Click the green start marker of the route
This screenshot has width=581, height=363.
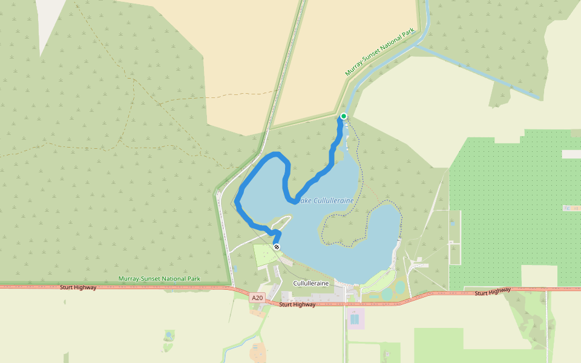(344, 116)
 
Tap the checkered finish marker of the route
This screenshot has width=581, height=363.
(277, 247)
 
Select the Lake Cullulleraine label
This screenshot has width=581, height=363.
(325, 200)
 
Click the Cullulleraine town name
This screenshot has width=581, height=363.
(311, 283)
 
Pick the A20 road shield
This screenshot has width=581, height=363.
(258, 297)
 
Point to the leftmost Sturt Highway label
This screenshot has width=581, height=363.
(78, 287)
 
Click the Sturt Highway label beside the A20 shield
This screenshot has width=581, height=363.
(297, 304)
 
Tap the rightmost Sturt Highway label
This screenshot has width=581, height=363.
(493, 292)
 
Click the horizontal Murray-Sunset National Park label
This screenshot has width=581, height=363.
(159, 279)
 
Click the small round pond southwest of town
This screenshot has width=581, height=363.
(169, 335)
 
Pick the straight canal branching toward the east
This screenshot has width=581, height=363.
(478, 73)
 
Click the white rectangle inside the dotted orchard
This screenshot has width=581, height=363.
(571, 154)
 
